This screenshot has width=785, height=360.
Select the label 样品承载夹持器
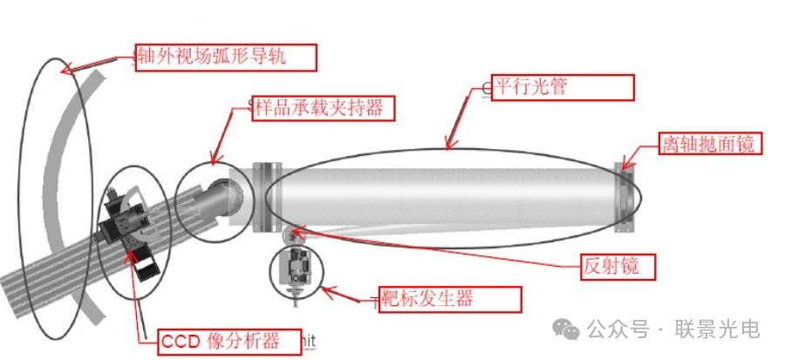pos(322,107)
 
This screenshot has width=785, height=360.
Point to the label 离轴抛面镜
pos(711,142)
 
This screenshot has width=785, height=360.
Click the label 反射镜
pos(617,265)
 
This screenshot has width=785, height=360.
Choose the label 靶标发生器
pos(449,299)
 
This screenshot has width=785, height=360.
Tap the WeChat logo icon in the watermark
pos(569,329)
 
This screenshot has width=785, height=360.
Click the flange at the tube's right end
pos(625,197)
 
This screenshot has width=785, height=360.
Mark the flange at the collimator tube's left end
pos(263,197)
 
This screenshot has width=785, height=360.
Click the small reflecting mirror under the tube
pos(291,231)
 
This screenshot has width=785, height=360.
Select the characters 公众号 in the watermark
pos(618,329)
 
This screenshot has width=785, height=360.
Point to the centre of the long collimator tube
pos(445,197)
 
